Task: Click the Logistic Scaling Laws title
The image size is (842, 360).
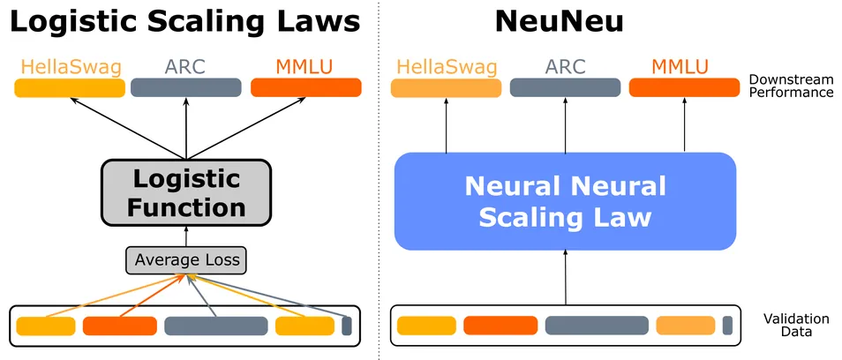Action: pos(185,21)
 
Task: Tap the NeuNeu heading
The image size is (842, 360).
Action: pos(559,21)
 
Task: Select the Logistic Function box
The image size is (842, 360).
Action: pos(186,192)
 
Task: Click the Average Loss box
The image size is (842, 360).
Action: pos(185,260)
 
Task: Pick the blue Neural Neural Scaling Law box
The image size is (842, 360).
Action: pos(565,201)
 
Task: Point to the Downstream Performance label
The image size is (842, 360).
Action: pos(790,86)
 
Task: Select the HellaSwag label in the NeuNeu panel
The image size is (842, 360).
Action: pos(445,65)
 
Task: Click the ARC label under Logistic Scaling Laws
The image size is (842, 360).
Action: pos(185,65)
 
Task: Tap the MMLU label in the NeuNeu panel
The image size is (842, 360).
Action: pos(684,65)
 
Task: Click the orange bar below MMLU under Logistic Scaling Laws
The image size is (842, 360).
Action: pos(305,87)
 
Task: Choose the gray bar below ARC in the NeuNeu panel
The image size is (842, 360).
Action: pos(565,87)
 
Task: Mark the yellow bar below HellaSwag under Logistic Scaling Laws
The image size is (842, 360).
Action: pos(70,87)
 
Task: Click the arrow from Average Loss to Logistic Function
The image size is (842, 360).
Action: pos(186,236)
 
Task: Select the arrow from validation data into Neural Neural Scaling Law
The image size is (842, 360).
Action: pos(565,278)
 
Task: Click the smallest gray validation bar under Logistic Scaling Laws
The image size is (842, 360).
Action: pos(347,326)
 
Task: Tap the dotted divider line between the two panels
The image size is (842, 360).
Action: pos(379,176)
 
